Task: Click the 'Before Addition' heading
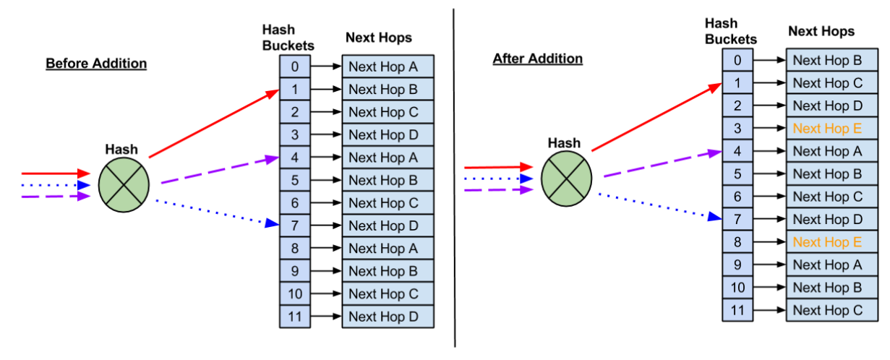[x=96, y=64]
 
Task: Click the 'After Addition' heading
[x=537, y=59]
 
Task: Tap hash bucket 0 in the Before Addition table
[x=296, y=67]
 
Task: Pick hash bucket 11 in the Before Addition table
[x=296, y=316]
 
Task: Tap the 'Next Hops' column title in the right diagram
[x=821, y=31]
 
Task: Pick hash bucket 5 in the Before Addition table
[x=296, y=180]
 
